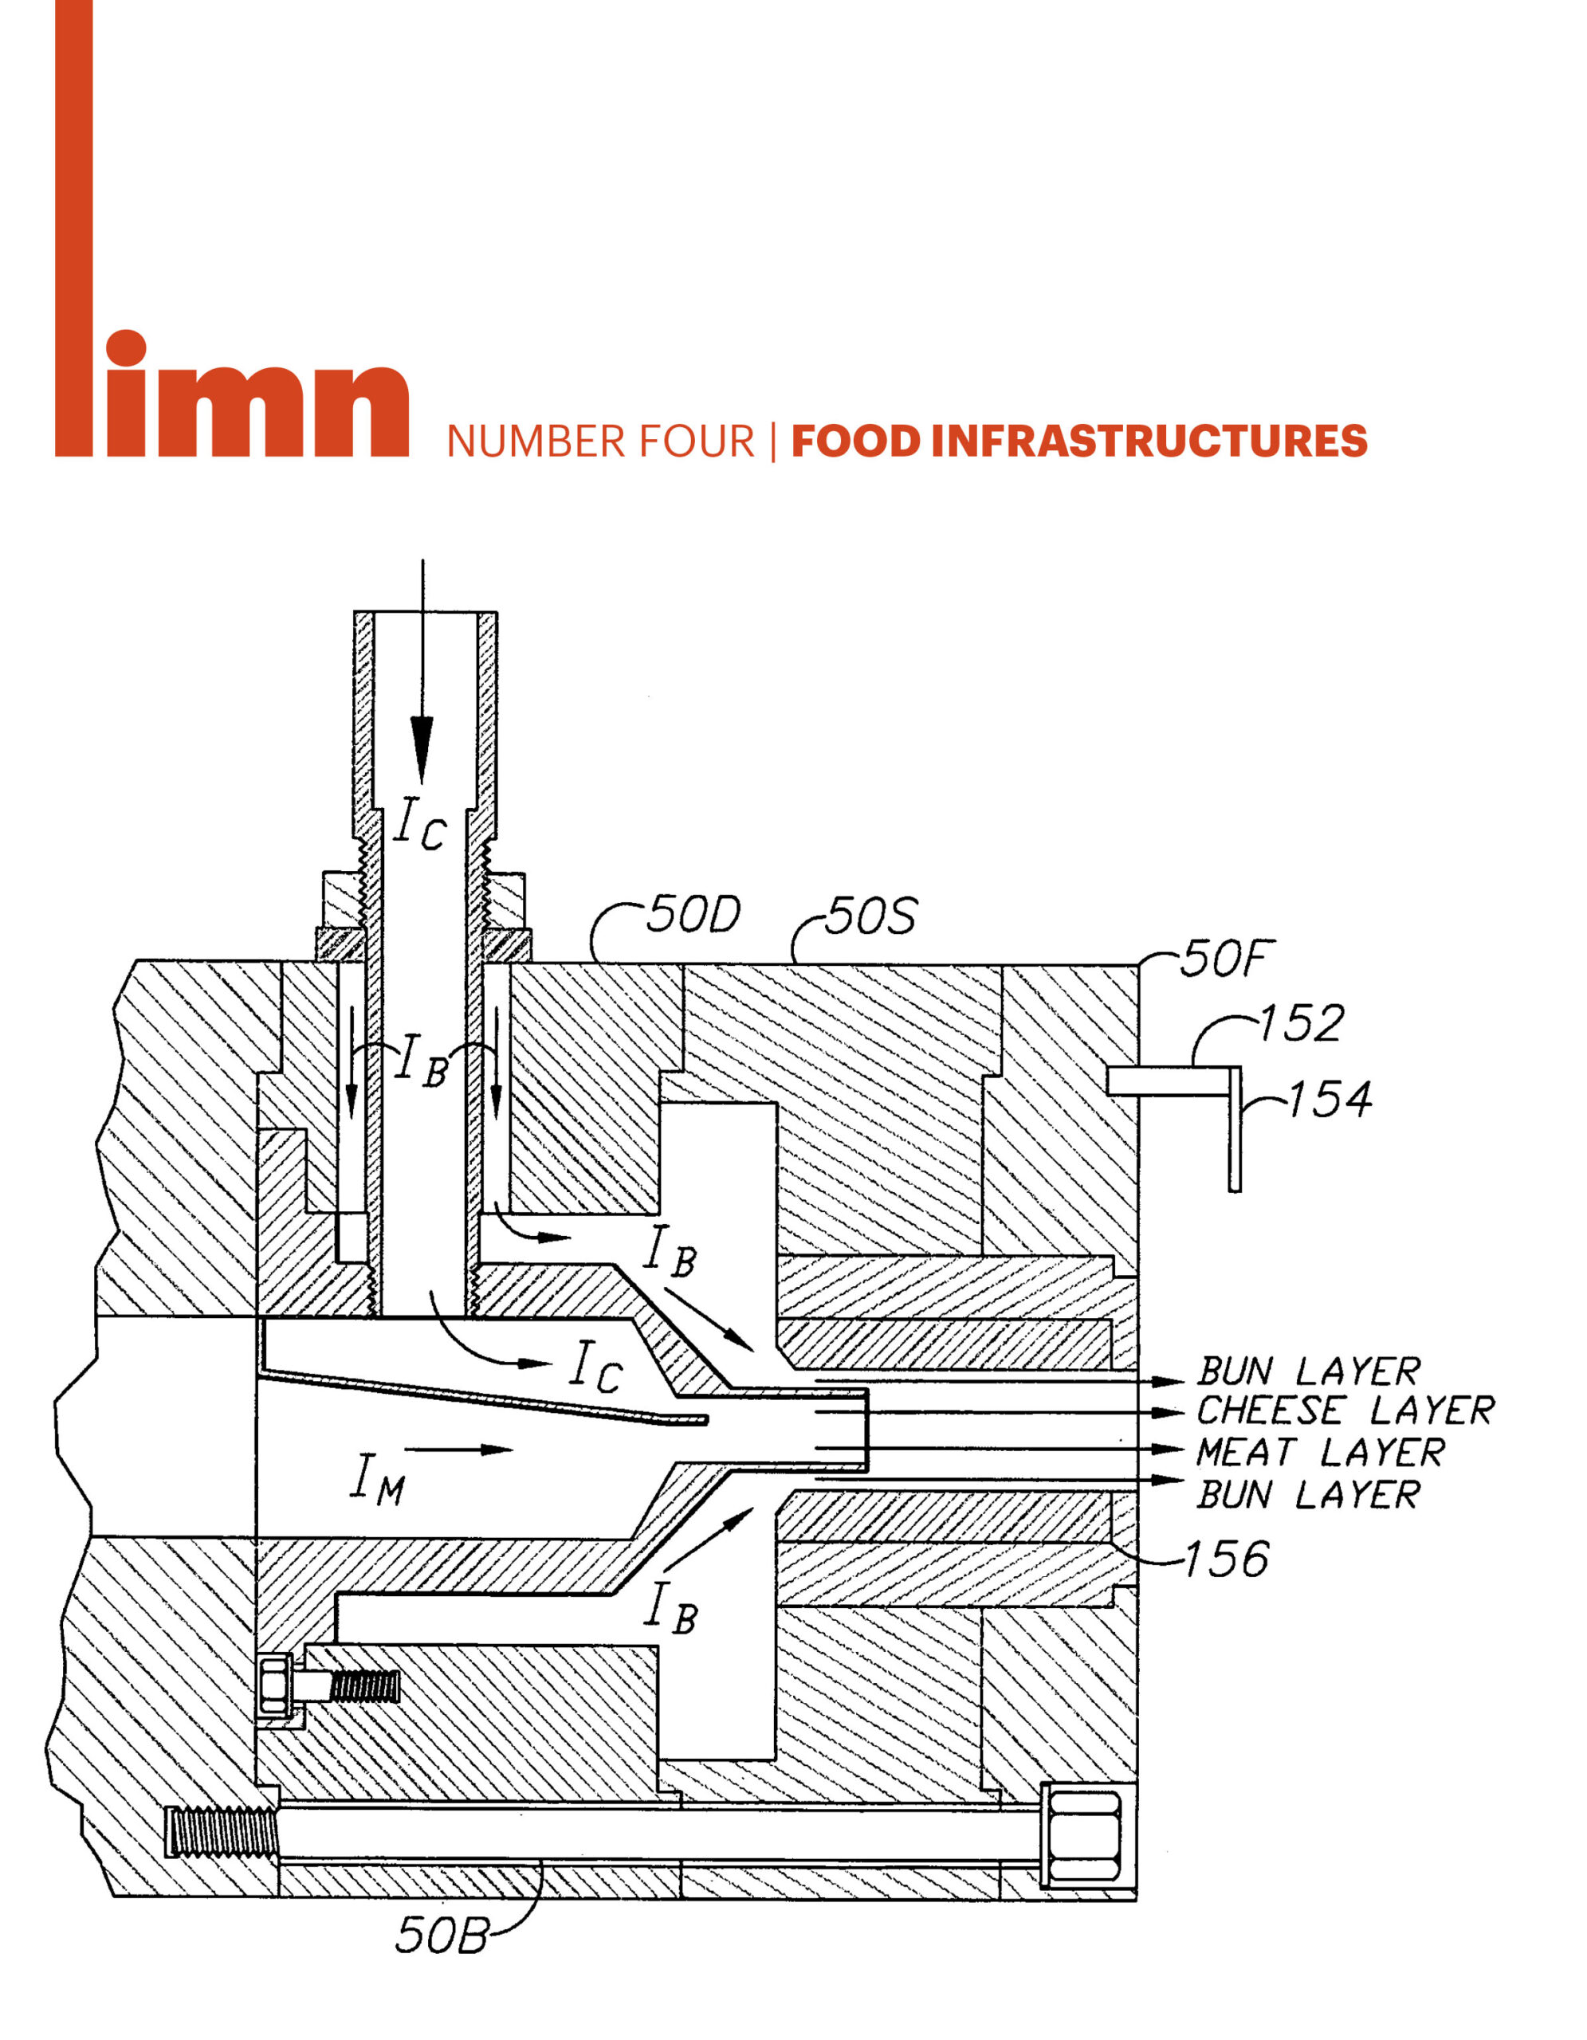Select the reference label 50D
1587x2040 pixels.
[693, 915]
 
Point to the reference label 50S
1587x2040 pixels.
[870, 916]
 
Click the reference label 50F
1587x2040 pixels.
[1225, 959]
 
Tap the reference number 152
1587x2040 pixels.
[1301, 1024]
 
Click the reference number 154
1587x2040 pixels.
[1330, 1100]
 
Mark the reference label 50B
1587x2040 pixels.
[441, 1936]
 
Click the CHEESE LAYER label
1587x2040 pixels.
[1345, 1410]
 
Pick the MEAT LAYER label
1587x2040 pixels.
[1320, 1453]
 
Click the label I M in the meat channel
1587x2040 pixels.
[377, 1480]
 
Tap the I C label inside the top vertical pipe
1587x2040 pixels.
[419, 825]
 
